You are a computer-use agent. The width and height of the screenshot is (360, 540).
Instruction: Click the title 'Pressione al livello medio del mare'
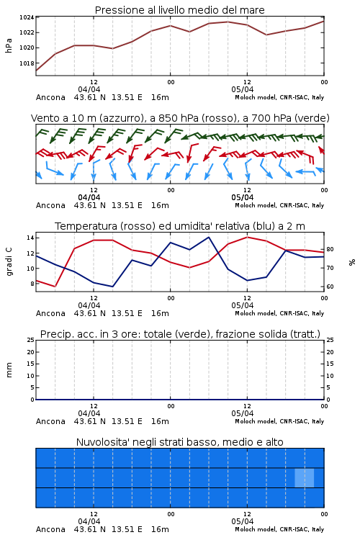coord(179,10)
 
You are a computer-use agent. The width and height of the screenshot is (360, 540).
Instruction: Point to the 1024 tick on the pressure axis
coord(27,17)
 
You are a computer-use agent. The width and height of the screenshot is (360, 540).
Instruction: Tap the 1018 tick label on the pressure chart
coord(27,63)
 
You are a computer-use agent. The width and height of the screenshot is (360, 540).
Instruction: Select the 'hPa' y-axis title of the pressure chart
coord(9,45)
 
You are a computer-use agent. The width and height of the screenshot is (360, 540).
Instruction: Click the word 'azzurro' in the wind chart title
coord(121,118)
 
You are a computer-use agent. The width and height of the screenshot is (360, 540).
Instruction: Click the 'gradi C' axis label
coord(9,261)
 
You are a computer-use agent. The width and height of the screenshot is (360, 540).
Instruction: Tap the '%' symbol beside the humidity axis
coord(352,262)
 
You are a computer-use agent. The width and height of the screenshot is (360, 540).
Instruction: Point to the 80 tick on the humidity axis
coord(330,249)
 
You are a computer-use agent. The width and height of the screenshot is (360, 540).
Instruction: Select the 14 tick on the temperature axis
coord(30,238)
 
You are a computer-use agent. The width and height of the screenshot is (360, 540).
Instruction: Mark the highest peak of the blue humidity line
coord(208,237)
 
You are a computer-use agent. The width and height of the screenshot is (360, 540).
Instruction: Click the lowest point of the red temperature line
coord(55,287)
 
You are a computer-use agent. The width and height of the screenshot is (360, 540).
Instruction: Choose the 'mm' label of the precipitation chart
coord(9,370)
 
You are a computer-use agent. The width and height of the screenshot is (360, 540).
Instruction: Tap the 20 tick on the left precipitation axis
coord(30,352)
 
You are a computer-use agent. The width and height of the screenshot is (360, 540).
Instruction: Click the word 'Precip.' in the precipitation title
coord(53,334)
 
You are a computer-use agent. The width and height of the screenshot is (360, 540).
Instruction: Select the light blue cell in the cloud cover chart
coord(304,478)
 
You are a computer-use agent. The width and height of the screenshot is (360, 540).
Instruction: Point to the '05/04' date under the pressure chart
coord(243,89)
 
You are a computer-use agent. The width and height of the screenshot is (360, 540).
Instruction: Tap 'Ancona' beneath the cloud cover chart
coord(50,529)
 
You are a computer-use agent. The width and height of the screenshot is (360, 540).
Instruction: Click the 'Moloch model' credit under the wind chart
coord(256,205)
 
